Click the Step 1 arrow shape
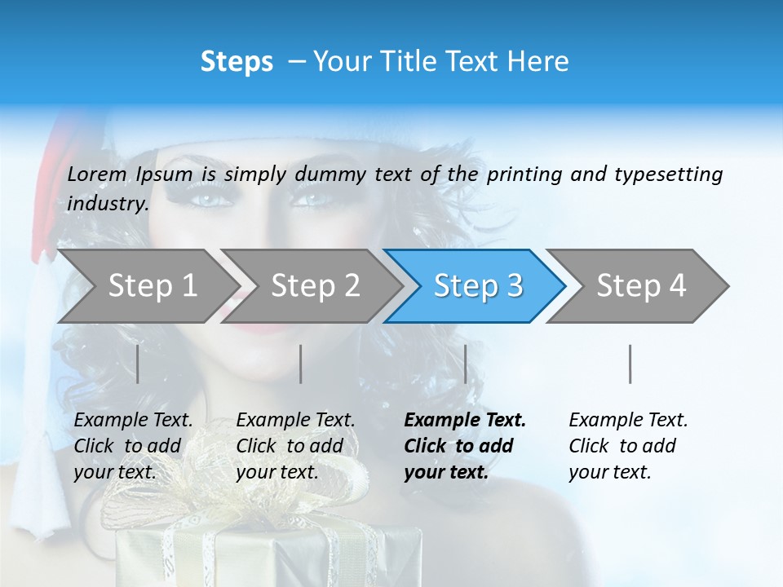point(147,286)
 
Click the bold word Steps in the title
point(237,62)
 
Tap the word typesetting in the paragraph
point(668,174)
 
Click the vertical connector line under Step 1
point(138,364)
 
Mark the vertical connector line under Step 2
point(301,364)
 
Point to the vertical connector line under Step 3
point(465,364)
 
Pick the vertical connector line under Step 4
point(630,364)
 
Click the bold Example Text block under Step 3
point(465,446)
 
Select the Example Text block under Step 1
point(133,446)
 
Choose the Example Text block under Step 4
point(628,446)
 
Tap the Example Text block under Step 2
point(295,446)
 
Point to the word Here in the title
point(539,62)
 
